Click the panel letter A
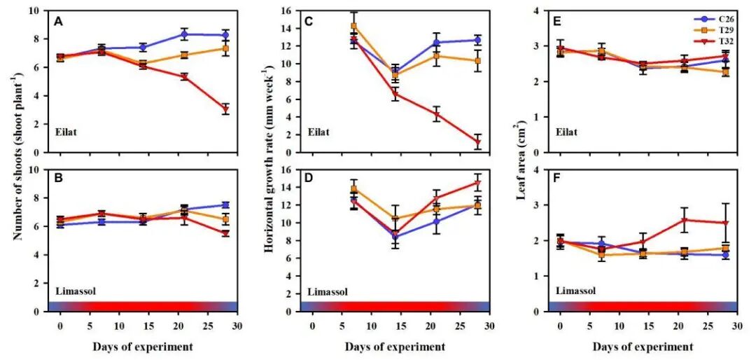pyautogui.click(x=59, y=22)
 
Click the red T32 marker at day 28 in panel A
pyautogui.click(x=225, y=109)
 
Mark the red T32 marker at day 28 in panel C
pyautogui.click(x=477, y=142)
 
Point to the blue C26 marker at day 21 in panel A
pyautogui.click(x=184, y=34)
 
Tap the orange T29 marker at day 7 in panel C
pyautogui.click(x=353, y=27)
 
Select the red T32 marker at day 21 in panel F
pyautogui.click(x=685, y=220)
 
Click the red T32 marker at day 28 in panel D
pyautogui.click(x=477, y=184)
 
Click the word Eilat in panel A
pyautogui.click(x=66, y=131)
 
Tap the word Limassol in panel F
pyautogui.click(x=575, y=290)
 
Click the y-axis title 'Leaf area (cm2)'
pyautogui.click(x=521, y=160)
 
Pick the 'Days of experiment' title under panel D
pyautogui.click(x=395, y=347)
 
